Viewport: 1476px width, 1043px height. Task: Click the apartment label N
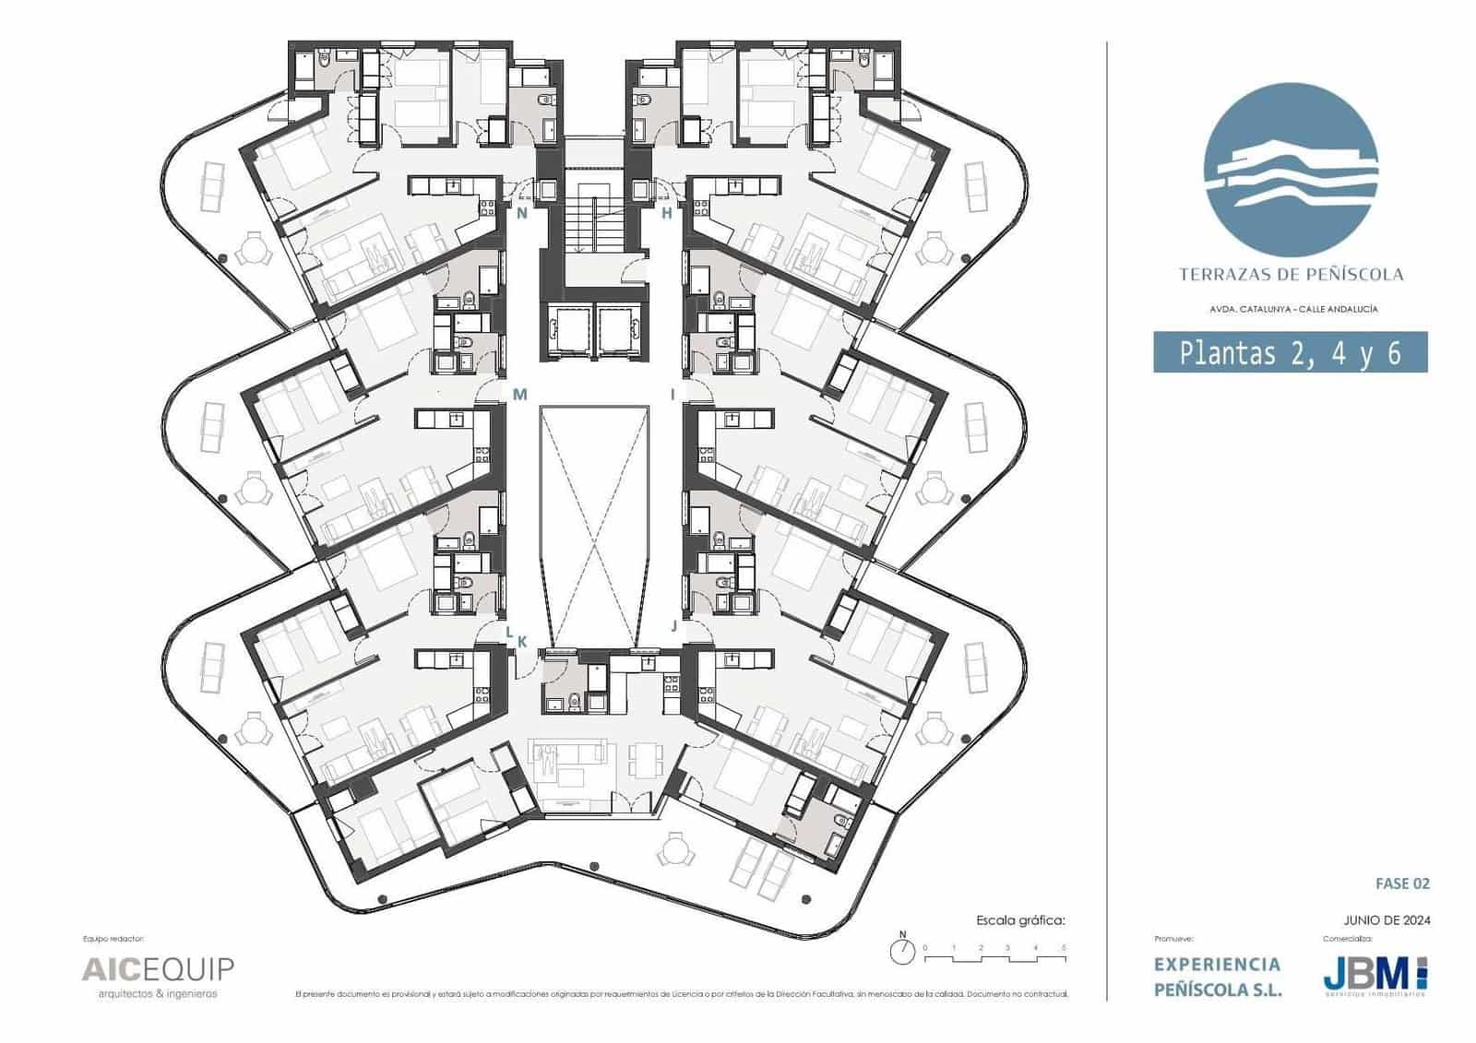point(521,214)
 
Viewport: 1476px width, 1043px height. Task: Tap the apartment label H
point(667,214)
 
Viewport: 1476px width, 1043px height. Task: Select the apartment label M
point(519,395)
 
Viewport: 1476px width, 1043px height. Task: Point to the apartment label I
point(673,395)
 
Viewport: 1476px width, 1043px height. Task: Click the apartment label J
point(673,625)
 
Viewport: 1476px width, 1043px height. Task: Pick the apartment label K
point(521,642)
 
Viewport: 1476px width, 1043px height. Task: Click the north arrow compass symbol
point(903,950)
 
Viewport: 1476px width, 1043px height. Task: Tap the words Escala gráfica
point(1020,919)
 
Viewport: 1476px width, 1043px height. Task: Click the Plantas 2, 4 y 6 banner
point(1290,353)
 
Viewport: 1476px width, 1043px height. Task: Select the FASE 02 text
point(1402,883)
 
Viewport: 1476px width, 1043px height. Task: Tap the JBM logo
point(1375,975)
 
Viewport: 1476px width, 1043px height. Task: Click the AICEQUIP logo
point(158,969)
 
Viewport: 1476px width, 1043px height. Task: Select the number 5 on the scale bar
point(1065,948)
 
